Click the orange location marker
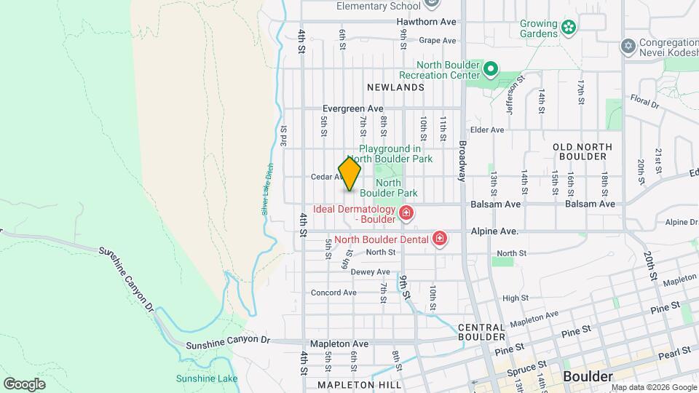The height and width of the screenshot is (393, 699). click(349, 174)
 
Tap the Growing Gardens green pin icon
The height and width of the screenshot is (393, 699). click(569, 29)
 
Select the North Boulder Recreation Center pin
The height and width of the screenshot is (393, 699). click(491, 70)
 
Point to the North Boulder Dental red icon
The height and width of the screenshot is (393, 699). click(439, 238)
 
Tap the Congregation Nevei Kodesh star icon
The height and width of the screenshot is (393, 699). click(628, 46)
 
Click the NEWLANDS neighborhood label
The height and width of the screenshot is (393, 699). click(395, 87)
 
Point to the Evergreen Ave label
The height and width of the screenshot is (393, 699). click(353, 108)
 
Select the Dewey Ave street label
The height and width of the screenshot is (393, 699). click(371, 271)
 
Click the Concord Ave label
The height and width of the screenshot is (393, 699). click(333, 293)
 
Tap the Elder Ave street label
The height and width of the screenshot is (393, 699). click(488, 130)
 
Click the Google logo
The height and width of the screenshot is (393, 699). click(24, 384)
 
